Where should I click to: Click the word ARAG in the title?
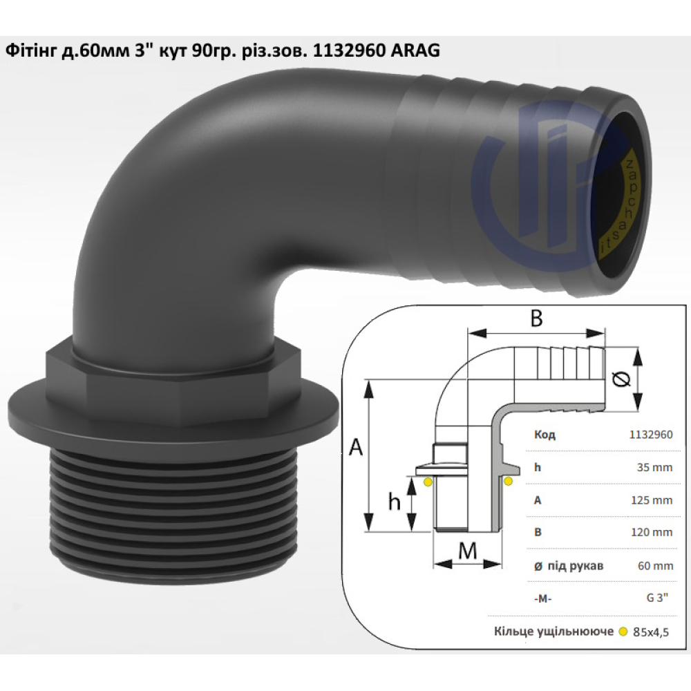pyautogui.click(x=415, y=50)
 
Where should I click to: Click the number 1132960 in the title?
pyautogui.click(x=349, y=50)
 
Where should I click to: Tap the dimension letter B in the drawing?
pyautogui.click(x=536, y=318)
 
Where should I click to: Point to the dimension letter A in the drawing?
pyautogui.click(x=356, y=447)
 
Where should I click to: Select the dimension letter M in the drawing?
pyautogui.click(x=468, y=550)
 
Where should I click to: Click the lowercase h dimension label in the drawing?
pyautogui.click(x=394, y=501)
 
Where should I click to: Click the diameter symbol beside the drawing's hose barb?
pyautogui.click(x=621, y=379)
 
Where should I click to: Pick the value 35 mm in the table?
pyautogui.click(x=654, y=467)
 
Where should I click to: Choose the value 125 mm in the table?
pyautogui.click(x=652, y=500)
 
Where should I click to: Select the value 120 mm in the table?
pyautogui.click(x=652, y=532)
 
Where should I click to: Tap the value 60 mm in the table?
pyautogui.click(x=655, y=566)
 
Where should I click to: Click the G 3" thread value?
pyautogui.click(x=657, y=598)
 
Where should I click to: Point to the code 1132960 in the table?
pyautogui.click(x=651, y=435)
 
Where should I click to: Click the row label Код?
pyautogui.click(x=545, y=435)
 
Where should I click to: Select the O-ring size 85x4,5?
pyautogui.click(x=651, y=632)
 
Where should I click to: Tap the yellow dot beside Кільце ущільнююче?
pyautogui.click(x=623, y=632)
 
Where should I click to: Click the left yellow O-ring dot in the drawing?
pyautogui.click(x=428, y=482)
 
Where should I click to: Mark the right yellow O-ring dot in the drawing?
pyautogui.click(x=508, y=481)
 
